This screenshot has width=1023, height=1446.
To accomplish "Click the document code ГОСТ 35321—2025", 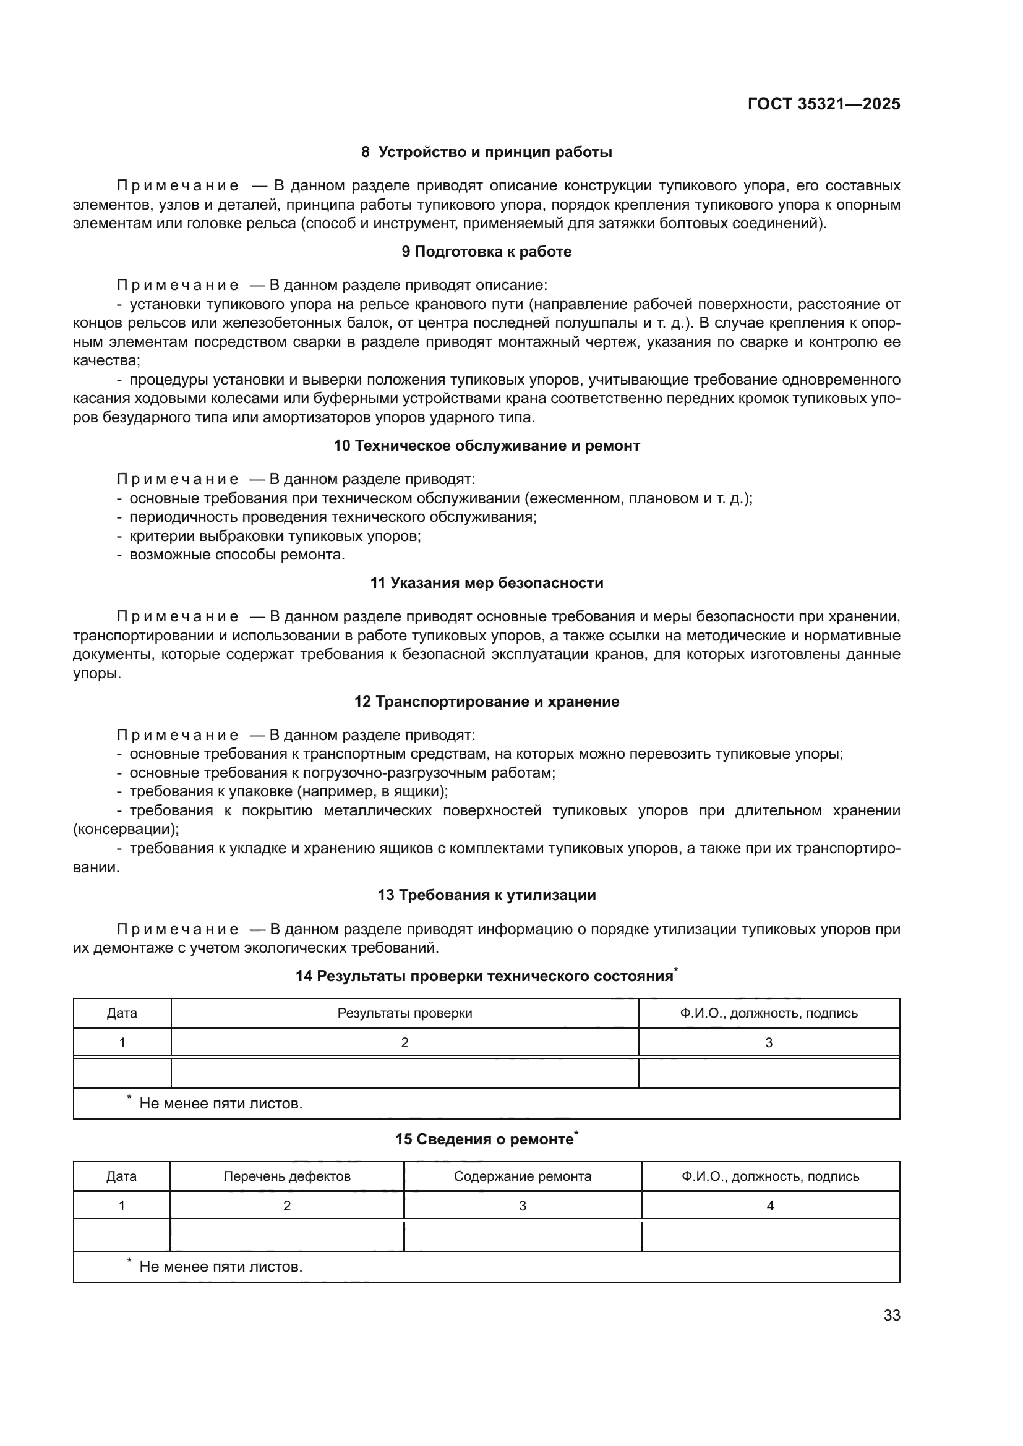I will point(823,104).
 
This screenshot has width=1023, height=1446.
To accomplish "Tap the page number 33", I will point(891,1315).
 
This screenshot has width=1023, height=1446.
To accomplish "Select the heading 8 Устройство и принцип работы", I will point(486,152).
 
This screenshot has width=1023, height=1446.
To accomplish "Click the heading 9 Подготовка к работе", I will point(486,251).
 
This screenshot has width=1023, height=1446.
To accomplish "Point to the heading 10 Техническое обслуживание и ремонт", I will point(486,445).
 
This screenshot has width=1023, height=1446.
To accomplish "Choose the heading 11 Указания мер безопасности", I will point(486,582).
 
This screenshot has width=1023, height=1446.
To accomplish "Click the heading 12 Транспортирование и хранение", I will point(486,701).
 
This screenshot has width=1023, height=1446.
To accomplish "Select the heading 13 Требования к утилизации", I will point(486,895).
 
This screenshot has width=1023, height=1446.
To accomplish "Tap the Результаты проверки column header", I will point(404,1013).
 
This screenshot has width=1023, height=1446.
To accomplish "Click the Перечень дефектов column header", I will point(286,1176).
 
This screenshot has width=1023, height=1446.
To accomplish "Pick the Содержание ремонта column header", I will point(522,1176).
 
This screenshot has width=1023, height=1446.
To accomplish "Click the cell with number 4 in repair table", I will point(770,1206).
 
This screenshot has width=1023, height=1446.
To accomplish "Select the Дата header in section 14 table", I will point(122,1013).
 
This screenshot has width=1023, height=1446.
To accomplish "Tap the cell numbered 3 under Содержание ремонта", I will point(522,1206).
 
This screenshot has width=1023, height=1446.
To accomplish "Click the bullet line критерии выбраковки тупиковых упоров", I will point(275,536).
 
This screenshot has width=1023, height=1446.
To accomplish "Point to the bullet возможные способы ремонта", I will point(237,555).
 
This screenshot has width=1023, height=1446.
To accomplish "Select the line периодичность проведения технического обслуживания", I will point(333,517).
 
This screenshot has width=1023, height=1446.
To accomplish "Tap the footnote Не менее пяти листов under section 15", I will point(220,1267).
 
